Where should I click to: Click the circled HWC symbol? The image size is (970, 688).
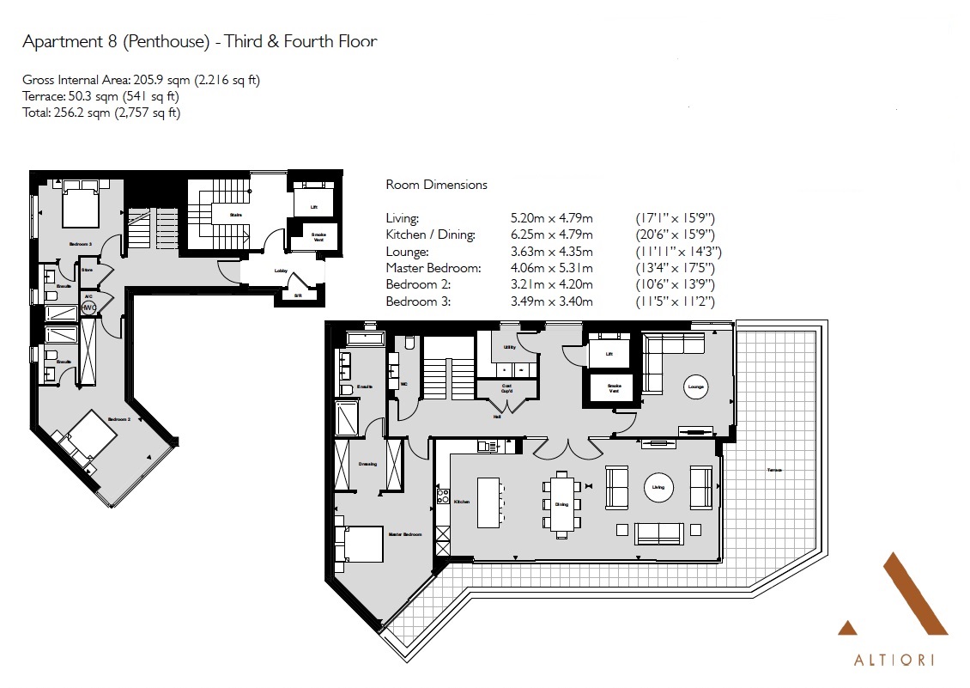(88, 307)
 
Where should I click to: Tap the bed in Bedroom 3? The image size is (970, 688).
(80, 206)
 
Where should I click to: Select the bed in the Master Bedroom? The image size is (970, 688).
(363, 544)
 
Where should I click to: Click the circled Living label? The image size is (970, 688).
(658, 488)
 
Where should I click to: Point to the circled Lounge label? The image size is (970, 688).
(695, 387)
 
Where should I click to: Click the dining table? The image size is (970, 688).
(561, 502)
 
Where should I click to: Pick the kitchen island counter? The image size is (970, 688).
(488, 502)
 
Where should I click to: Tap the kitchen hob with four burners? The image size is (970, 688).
(444, 496)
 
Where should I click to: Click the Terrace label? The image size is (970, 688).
(774, 470)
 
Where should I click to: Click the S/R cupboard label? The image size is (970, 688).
(297, 295)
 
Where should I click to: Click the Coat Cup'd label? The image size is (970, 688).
(506, 388)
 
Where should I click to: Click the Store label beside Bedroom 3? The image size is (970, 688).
(87, 270)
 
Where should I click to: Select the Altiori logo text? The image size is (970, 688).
(894, 661)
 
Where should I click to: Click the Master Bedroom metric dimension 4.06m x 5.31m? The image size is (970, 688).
(550, 268)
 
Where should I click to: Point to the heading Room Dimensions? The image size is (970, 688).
(436, 185)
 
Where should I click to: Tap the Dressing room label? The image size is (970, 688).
(367, 464)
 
